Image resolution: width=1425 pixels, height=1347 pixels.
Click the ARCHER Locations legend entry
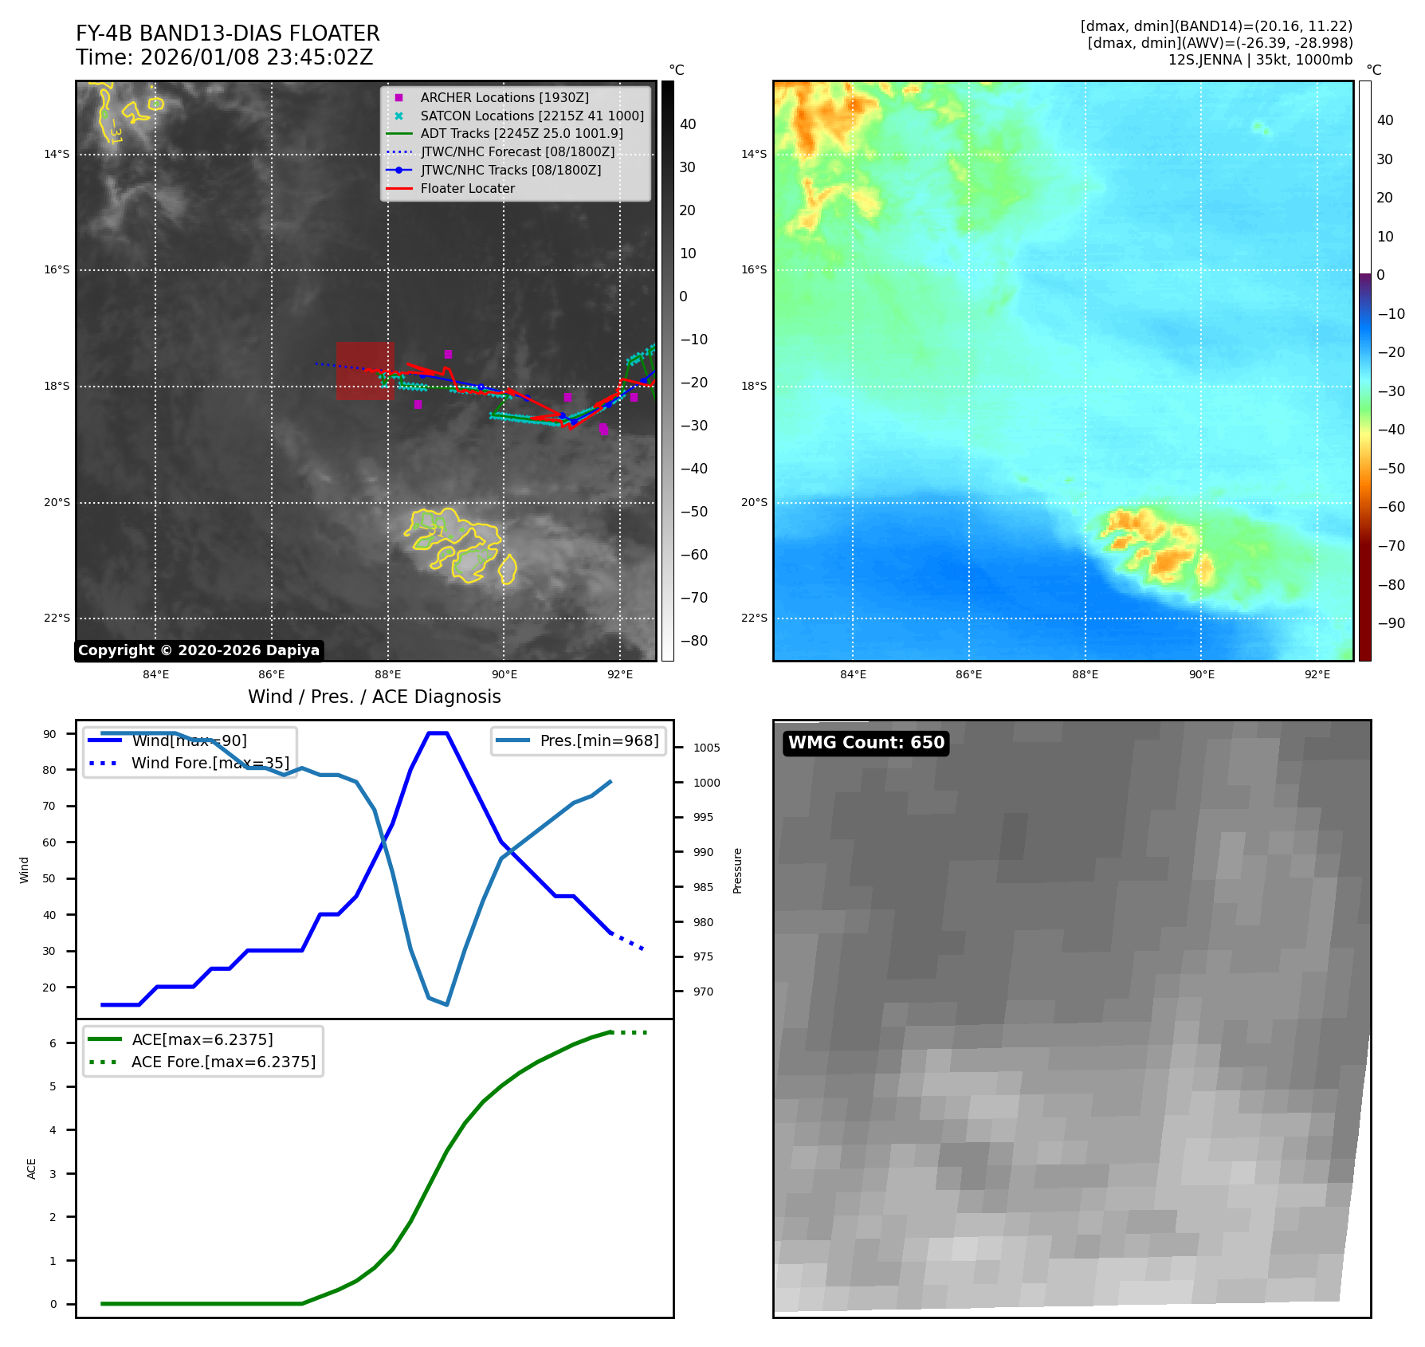(x=504, y=97)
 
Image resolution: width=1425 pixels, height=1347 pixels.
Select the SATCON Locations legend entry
(x=532, y=116)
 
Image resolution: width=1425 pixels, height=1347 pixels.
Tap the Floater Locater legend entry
(x=467, y=188)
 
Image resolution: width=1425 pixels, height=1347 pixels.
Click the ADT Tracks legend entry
(x=521, y=134)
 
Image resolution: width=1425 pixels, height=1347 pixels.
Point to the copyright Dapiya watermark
(x=198, y=650)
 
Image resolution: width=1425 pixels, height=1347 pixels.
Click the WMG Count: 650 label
(x=866, y=743)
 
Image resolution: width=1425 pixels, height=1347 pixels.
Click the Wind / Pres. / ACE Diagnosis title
(x=374, y=697)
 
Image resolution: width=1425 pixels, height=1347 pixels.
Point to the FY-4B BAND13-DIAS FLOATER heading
(x=227, y=33)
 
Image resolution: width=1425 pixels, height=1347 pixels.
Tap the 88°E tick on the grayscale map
(x=388, y=674)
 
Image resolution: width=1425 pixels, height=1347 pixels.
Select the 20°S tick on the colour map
(x=754, y=502)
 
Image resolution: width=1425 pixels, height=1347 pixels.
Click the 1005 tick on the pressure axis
(x=706, y=748)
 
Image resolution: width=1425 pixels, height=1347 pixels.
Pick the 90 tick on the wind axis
(x=49, y=734)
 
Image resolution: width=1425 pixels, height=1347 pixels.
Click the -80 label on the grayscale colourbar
(x=693, y=641)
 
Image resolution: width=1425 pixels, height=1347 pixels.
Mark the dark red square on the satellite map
(x=365, y=371)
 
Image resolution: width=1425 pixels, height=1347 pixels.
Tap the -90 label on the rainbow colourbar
(x=1391, y=623)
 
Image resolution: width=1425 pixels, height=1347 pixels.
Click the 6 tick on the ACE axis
(x=53, y=1043)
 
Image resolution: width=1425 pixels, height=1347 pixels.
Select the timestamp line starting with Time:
(x=224, y=57)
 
